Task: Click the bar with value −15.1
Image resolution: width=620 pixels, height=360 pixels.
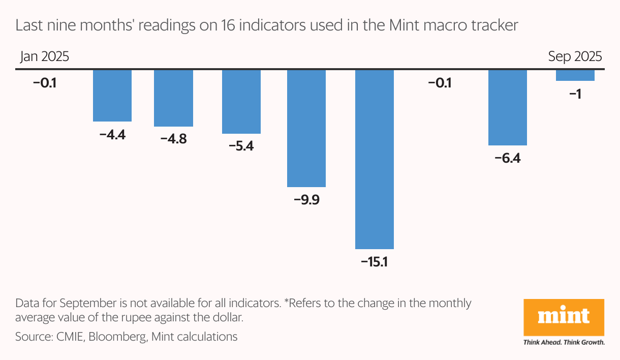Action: tap(375, 159)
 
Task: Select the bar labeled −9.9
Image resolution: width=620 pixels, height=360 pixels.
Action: tap(306, 128)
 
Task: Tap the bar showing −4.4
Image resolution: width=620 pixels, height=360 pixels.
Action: tap(112, 95)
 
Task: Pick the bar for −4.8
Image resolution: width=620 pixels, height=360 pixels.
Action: tap(173, 98)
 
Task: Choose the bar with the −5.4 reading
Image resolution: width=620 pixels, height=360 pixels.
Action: tap(241, 101)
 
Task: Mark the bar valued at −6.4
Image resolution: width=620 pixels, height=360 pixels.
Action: tap(508, 107)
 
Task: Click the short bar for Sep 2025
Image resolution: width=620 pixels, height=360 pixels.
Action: tap(575, 75)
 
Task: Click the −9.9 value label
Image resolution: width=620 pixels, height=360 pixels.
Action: tap(306, 200)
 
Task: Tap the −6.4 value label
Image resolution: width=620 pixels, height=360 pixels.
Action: tap(508, 158)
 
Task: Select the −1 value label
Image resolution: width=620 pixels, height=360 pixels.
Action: tap(575, 94)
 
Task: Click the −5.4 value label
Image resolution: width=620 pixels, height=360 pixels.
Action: tap(241, 146)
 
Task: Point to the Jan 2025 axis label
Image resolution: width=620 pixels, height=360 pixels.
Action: tap(44, 56)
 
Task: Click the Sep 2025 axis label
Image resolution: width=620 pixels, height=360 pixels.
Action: tap(575, 56)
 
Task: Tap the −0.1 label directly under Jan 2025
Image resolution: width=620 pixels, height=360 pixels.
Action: tap(44, 82)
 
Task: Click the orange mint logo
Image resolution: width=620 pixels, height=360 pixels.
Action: tap(564, 317)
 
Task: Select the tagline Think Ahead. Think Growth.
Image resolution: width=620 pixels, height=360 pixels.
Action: tap(564, 342)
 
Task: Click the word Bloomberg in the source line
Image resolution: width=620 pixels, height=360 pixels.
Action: tap(120, 336)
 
